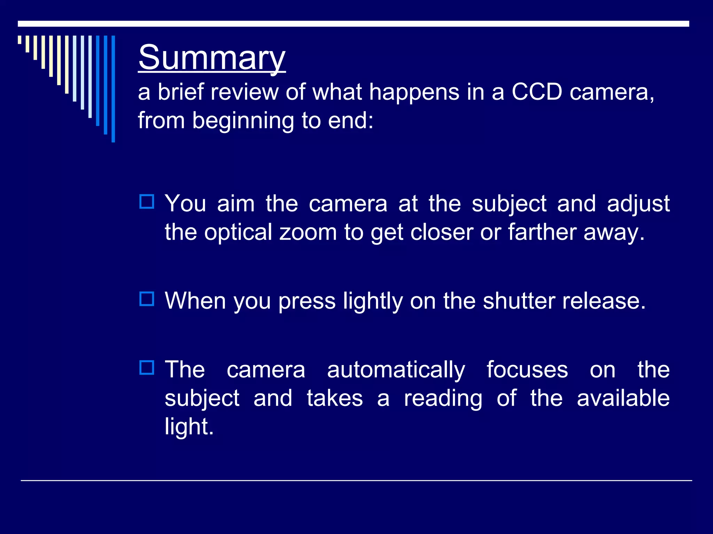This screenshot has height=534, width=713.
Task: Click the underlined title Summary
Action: point(212,57)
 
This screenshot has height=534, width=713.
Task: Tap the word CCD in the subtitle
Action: point(536,92)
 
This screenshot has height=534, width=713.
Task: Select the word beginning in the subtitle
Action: point(243,121)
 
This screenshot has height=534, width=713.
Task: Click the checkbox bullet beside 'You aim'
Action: point(147,202)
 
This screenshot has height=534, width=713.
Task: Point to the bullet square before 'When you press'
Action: point(147,299)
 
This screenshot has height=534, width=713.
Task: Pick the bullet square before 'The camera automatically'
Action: point(147,367)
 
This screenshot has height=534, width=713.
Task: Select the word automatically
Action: point(396,370)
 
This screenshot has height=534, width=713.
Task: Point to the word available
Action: point(623,398)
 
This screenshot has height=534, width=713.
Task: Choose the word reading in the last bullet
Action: point(443,399)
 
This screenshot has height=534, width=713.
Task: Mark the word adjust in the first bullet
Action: point(638,204)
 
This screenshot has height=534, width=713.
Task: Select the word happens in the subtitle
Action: point(414,92)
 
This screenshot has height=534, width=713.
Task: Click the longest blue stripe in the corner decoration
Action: point(113,89)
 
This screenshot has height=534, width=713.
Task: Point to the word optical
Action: point(238,232)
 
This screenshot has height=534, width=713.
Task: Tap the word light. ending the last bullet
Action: point(189,427)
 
